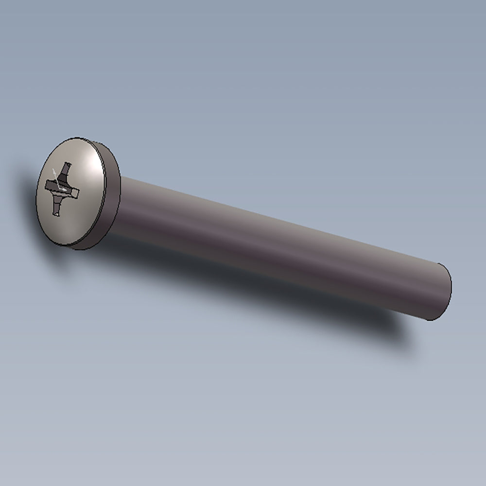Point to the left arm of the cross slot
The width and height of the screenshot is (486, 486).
coord(49,185)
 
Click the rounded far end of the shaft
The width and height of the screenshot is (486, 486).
coord(445,292)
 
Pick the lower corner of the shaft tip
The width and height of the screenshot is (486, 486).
coord(430,320)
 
